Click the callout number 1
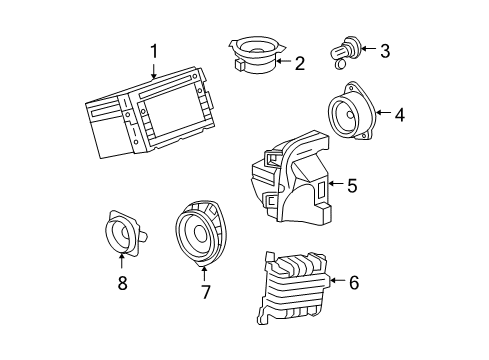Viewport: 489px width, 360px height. coord(154,51)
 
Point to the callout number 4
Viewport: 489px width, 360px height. coord(399,115)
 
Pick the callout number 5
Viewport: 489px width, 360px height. coord(351,185)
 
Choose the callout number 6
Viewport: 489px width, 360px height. coord(353,283)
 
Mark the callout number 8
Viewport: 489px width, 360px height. coord(122,284)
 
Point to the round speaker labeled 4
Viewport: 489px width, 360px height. coord(352,117)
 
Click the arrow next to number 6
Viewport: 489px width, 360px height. coord(334,283)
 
